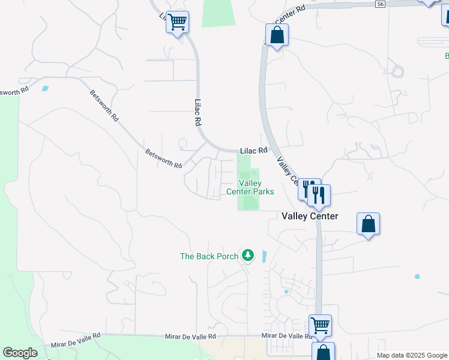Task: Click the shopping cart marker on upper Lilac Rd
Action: [177, 22]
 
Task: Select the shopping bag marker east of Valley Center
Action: [369, 224]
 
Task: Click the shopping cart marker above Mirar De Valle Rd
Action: [320, 325]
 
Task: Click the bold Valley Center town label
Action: [310, 216]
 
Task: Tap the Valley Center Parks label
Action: [250, 187]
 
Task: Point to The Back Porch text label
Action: [209, 256]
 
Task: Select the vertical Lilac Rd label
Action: [197, 112]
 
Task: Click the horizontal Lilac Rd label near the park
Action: [253, 151]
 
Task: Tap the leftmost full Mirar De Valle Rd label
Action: [75, 341]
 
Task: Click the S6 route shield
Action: [380, 4]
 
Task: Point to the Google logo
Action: [20, 353]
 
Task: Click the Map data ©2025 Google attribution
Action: [412, 355]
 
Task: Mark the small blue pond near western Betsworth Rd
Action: [45, 88]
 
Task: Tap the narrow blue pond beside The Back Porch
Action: [264, 256]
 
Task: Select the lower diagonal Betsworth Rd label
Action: [163, 158]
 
